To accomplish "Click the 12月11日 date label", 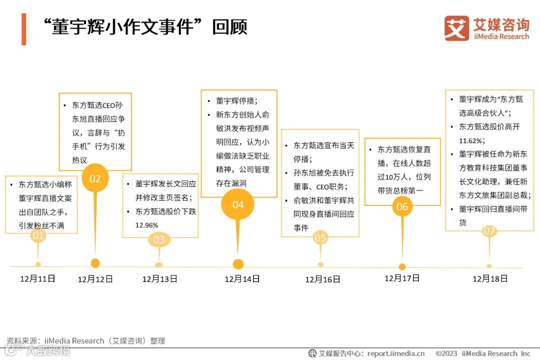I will (x=37, y=278).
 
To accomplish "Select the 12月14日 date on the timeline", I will (x=242, y=279).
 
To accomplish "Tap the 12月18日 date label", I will (x=490, y=278).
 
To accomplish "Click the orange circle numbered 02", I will (x=95, y=178).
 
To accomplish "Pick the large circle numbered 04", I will (x=238, y=204).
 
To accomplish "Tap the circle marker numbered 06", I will (x=402, y=206).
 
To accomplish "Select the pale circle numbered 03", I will (x=158, y=240).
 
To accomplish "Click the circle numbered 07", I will (x=489, y=231).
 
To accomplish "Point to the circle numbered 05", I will (x=320, y=238).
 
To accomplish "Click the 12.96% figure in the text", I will (x=146, y=225).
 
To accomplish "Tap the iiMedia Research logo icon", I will (x=456, y=28).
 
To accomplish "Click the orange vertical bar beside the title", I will (x=23, y=29).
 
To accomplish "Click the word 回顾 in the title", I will (x=229, y=27).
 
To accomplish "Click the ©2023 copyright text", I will (x=446, y=353).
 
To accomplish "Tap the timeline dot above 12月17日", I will (x=402, y=266).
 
